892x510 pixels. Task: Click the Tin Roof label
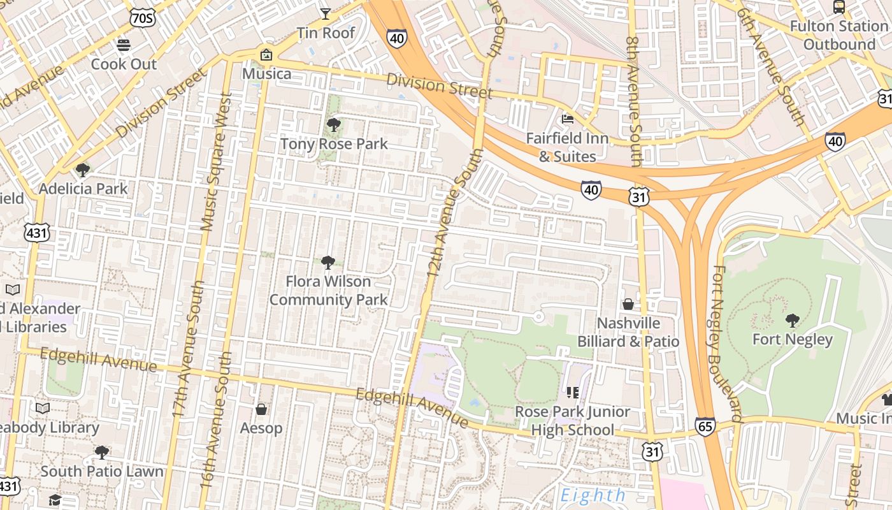click(x=326, y=33)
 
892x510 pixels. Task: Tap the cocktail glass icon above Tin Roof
click(x=326, y=13)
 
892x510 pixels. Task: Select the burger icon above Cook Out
click(x=124, y=45)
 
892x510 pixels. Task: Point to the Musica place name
click(x=267, y=73)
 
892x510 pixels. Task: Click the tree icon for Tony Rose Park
click(x=333, y=125)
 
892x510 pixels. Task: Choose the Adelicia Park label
click(x=83, y=188)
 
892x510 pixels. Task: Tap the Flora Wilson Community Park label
click(x=328, y=290)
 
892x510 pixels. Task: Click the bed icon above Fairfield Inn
click(x=567, y=119)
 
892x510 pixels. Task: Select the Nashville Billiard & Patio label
click(x=628, y=332)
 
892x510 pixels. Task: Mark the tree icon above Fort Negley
click(x=793, y=320)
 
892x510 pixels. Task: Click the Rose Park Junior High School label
click(x=572, y=421)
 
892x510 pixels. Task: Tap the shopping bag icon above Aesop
click(x=261, y=409)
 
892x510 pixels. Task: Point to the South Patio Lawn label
click(x=102, y=471)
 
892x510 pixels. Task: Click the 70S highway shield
click(x=141, y=18)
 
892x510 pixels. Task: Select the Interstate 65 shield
click(x=705, y=426)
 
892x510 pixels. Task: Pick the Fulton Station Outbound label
click(x=839, y=35)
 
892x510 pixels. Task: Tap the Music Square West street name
click(x=217, y=162)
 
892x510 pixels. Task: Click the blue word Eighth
click(x=593, y=495)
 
